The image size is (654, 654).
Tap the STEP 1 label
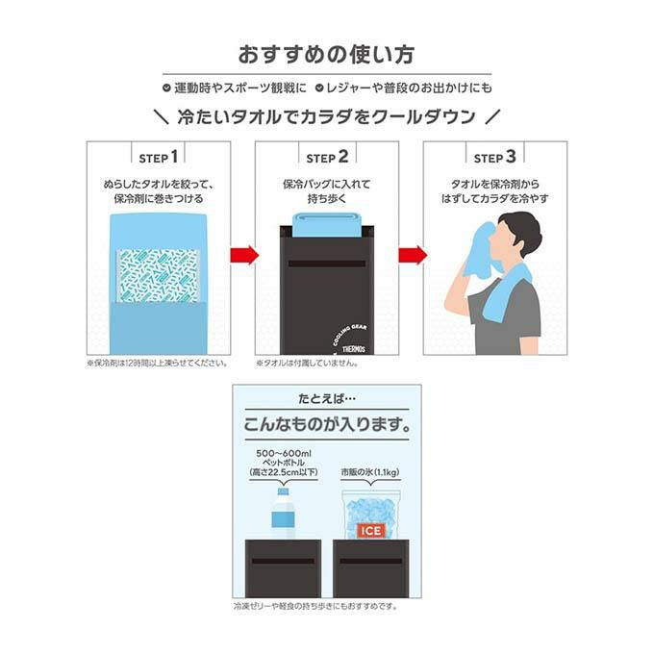point(159,157)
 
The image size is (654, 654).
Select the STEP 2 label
point(327,157)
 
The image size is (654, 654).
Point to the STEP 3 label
point(495,157)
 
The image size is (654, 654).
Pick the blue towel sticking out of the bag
point(327,226)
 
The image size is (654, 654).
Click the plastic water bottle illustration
point(283,515)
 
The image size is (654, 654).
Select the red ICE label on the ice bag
point(370,530)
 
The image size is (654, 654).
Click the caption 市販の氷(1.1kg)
point(370,471)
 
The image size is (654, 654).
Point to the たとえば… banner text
point(326,397)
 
